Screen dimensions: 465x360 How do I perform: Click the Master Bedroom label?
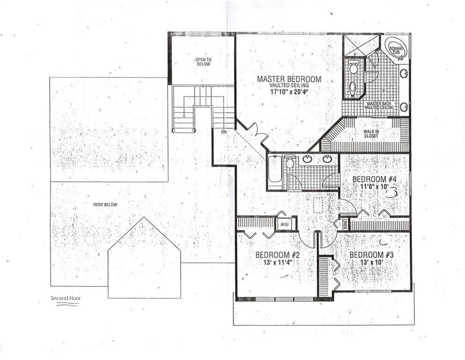(289, 79)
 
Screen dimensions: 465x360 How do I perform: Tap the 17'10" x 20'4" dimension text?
(289, 92)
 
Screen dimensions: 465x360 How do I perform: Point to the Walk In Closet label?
(371, 134)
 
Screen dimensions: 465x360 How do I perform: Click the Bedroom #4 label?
(374, 179)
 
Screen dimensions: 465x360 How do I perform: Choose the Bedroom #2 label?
(278, 255)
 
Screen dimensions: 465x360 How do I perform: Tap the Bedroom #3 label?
(371, 255)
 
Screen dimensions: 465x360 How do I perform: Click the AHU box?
(285, 225)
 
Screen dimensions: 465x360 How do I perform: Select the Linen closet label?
(345, 224)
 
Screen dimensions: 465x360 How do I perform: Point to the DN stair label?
(224, 132)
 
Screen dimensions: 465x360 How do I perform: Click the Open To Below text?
(203, 62)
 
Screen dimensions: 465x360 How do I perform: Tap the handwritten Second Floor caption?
(66, 298)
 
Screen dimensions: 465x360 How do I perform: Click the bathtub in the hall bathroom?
(274, 172)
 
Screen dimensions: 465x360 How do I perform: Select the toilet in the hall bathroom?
(289, 162)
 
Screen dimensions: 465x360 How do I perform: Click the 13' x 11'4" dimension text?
(278, 262)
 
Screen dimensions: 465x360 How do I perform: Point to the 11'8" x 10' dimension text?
(374, 187)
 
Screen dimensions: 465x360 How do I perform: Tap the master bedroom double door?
(257, 134)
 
